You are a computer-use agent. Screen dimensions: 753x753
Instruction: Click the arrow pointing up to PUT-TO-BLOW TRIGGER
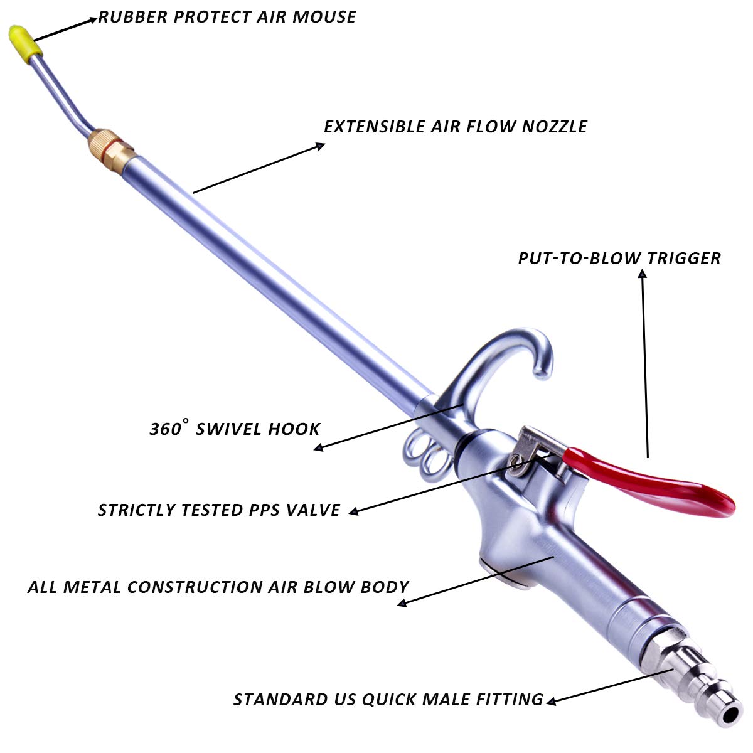[x=644, y=364]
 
